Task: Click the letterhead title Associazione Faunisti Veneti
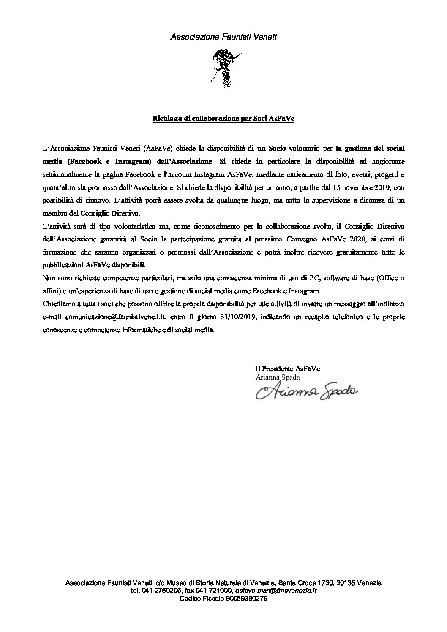point(223,38)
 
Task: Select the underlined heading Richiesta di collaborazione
point(223,119)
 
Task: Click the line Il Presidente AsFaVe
point(288,369)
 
